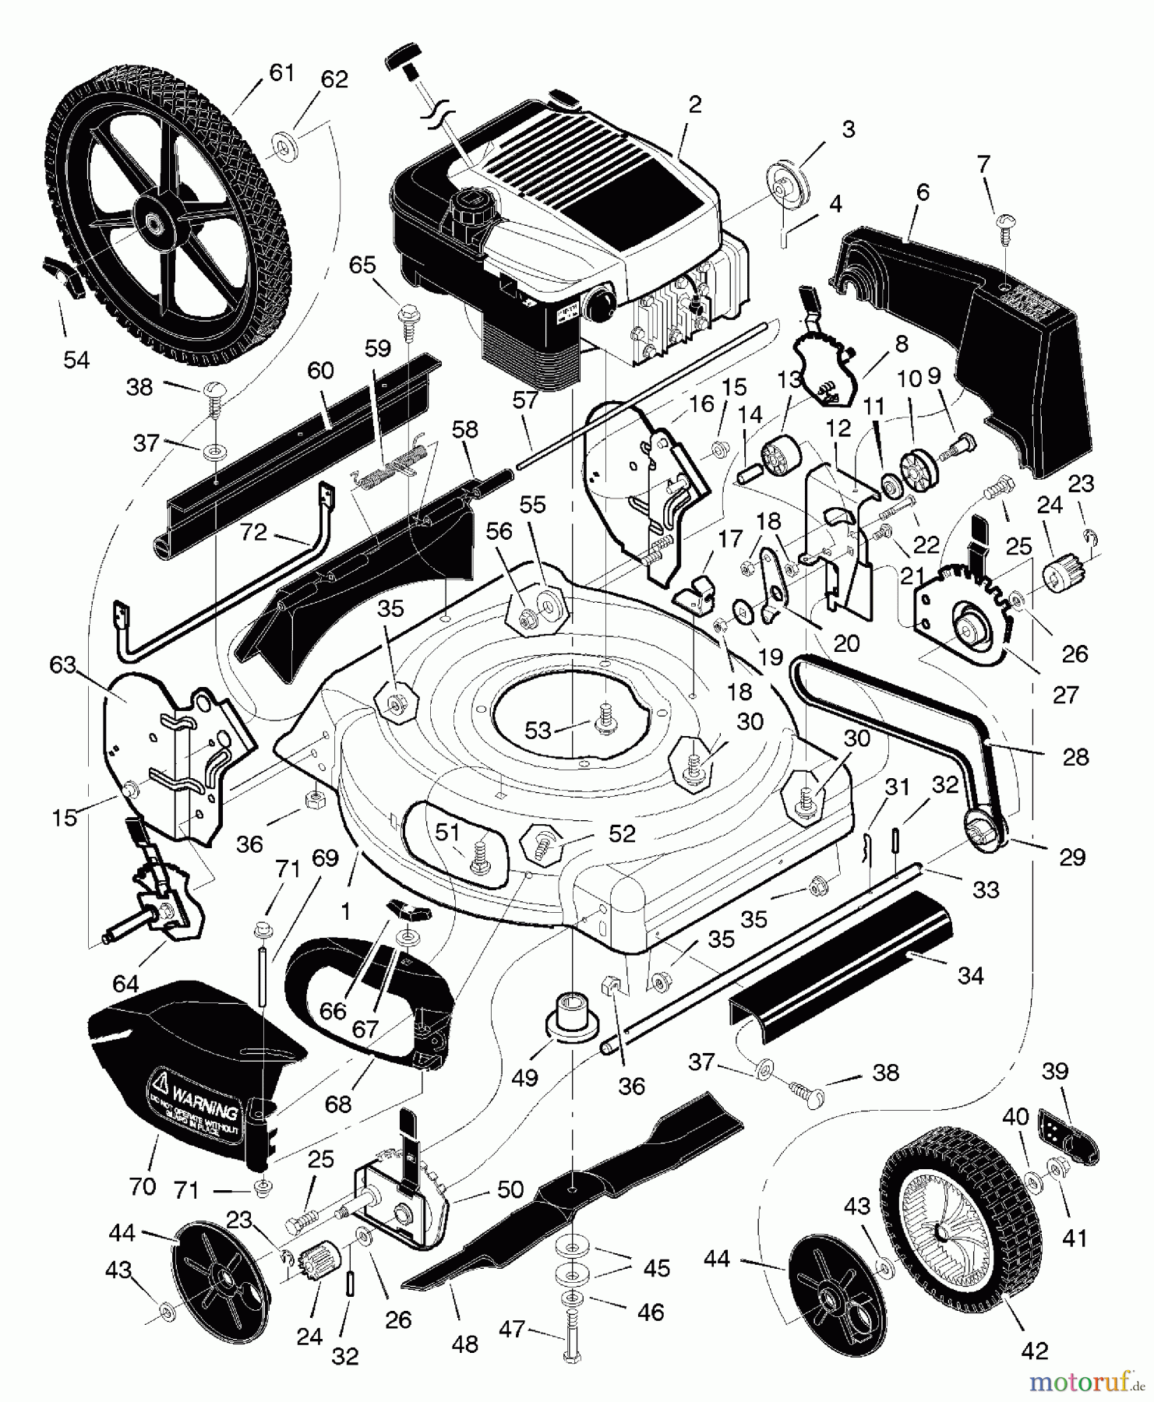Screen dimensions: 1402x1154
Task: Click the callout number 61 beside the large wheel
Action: coord(281,72)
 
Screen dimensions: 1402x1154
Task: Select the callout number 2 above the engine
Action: coord(695,105)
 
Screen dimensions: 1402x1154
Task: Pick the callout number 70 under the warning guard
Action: coord(143,1187)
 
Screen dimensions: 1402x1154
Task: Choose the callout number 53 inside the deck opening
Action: coord(538,730)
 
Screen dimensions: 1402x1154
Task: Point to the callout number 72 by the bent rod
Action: coord(254,533)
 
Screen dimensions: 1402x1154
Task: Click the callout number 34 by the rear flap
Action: coord(971,974)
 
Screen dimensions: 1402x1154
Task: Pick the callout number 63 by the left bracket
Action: coord(63,664)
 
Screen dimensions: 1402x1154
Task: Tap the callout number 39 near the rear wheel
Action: coord(1055,1071)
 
